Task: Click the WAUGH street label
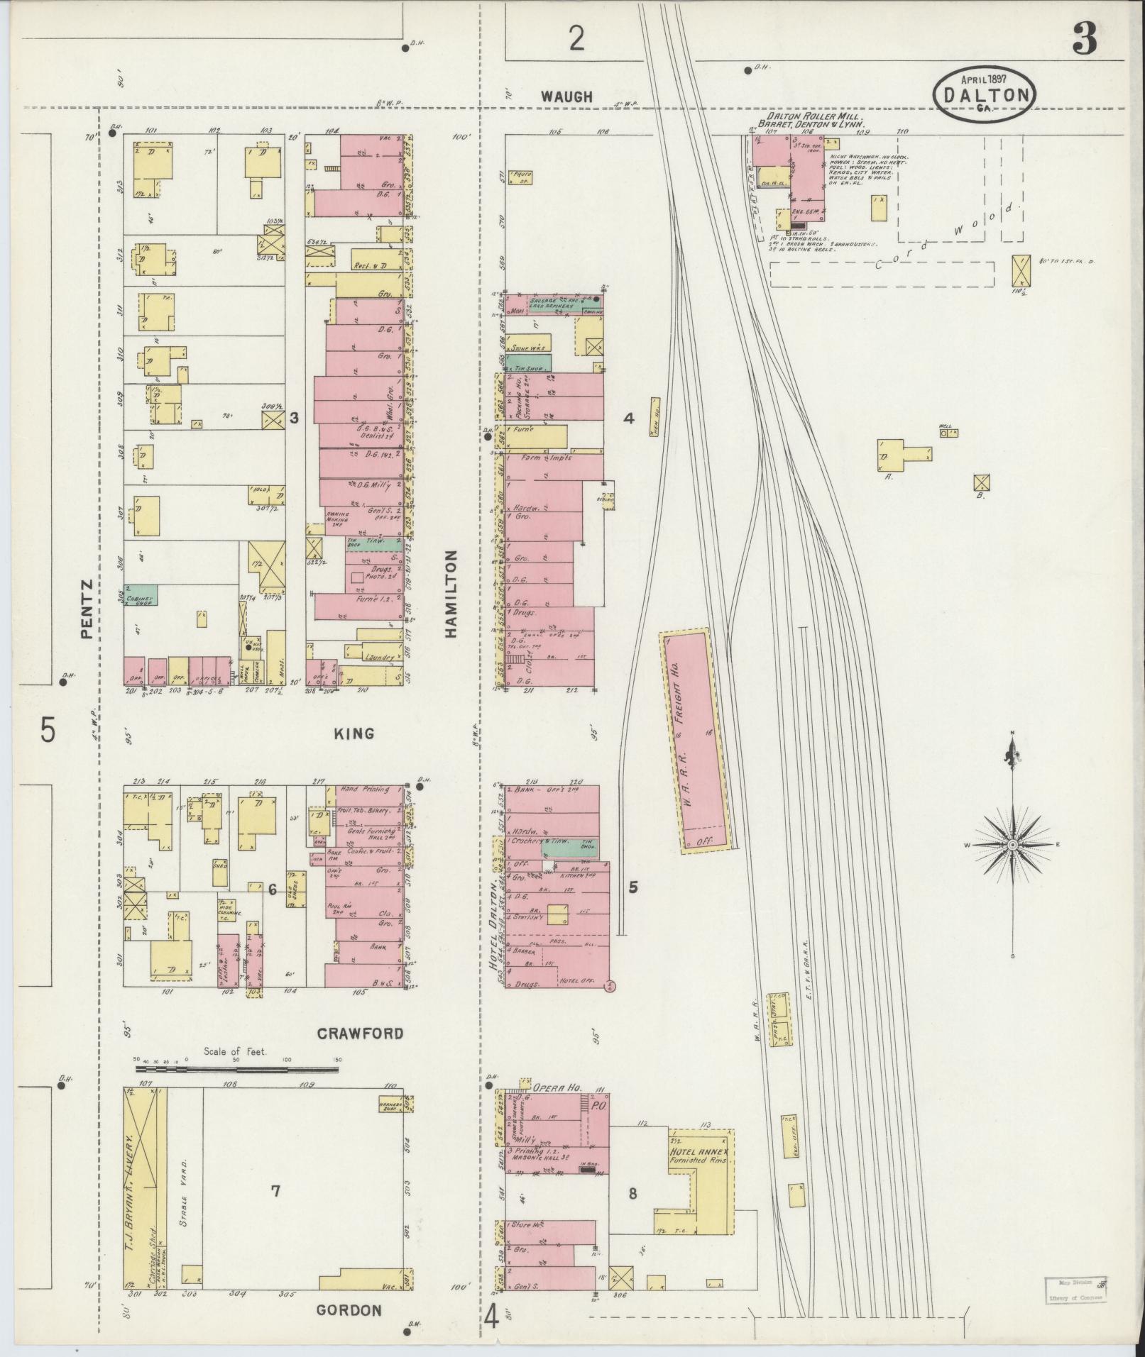coord(566,96)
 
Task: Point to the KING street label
coord(354,733)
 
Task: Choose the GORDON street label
coord(349,1310)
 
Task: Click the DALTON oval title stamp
coord(984,94)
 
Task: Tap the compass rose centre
coord(1012,846)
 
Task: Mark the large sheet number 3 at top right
coord(1085,39)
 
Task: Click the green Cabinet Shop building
coord(141,594)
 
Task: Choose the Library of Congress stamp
coord(1076,1289)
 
